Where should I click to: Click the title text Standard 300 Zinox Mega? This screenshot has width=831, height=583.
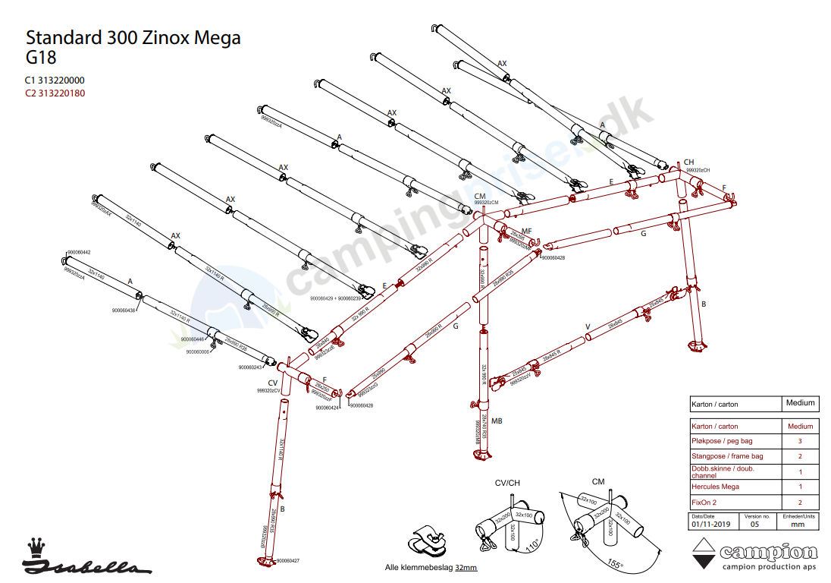[133, 38]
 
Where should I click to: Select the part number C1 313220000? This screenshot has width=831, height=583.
[55, 80]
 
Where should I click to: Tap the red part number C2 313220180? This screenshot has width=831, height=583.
[55, 93]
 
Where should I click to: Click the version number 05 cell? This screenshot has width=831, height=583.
[754, 524]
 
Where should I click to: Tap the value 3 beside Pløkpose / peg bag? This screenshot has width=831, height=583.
[800, 441]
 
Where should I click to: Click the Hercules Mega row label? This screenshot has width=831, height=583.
[715, 487]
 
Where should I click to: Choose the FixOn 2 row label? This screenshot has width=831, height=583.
[704, 503]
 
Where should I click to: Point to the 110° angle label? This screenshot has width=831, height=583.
[532, 544]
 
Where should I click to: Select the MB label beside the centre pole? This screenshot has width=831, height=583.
[497, 421]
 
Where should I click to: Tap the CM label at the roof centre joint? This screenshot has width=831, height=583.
[479, 196]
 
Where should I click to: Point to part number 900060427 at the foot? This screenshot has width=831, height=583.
[289, 561]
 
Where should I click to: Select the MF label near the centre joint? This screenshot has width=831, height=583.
[526, 231]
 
